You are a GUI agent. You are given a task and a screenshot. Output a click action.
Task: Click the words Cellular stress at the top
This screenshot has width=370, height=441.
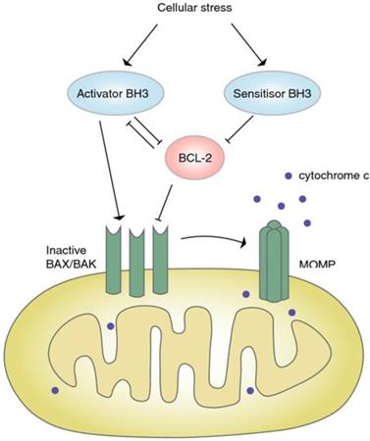click(x=186, y=9)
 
